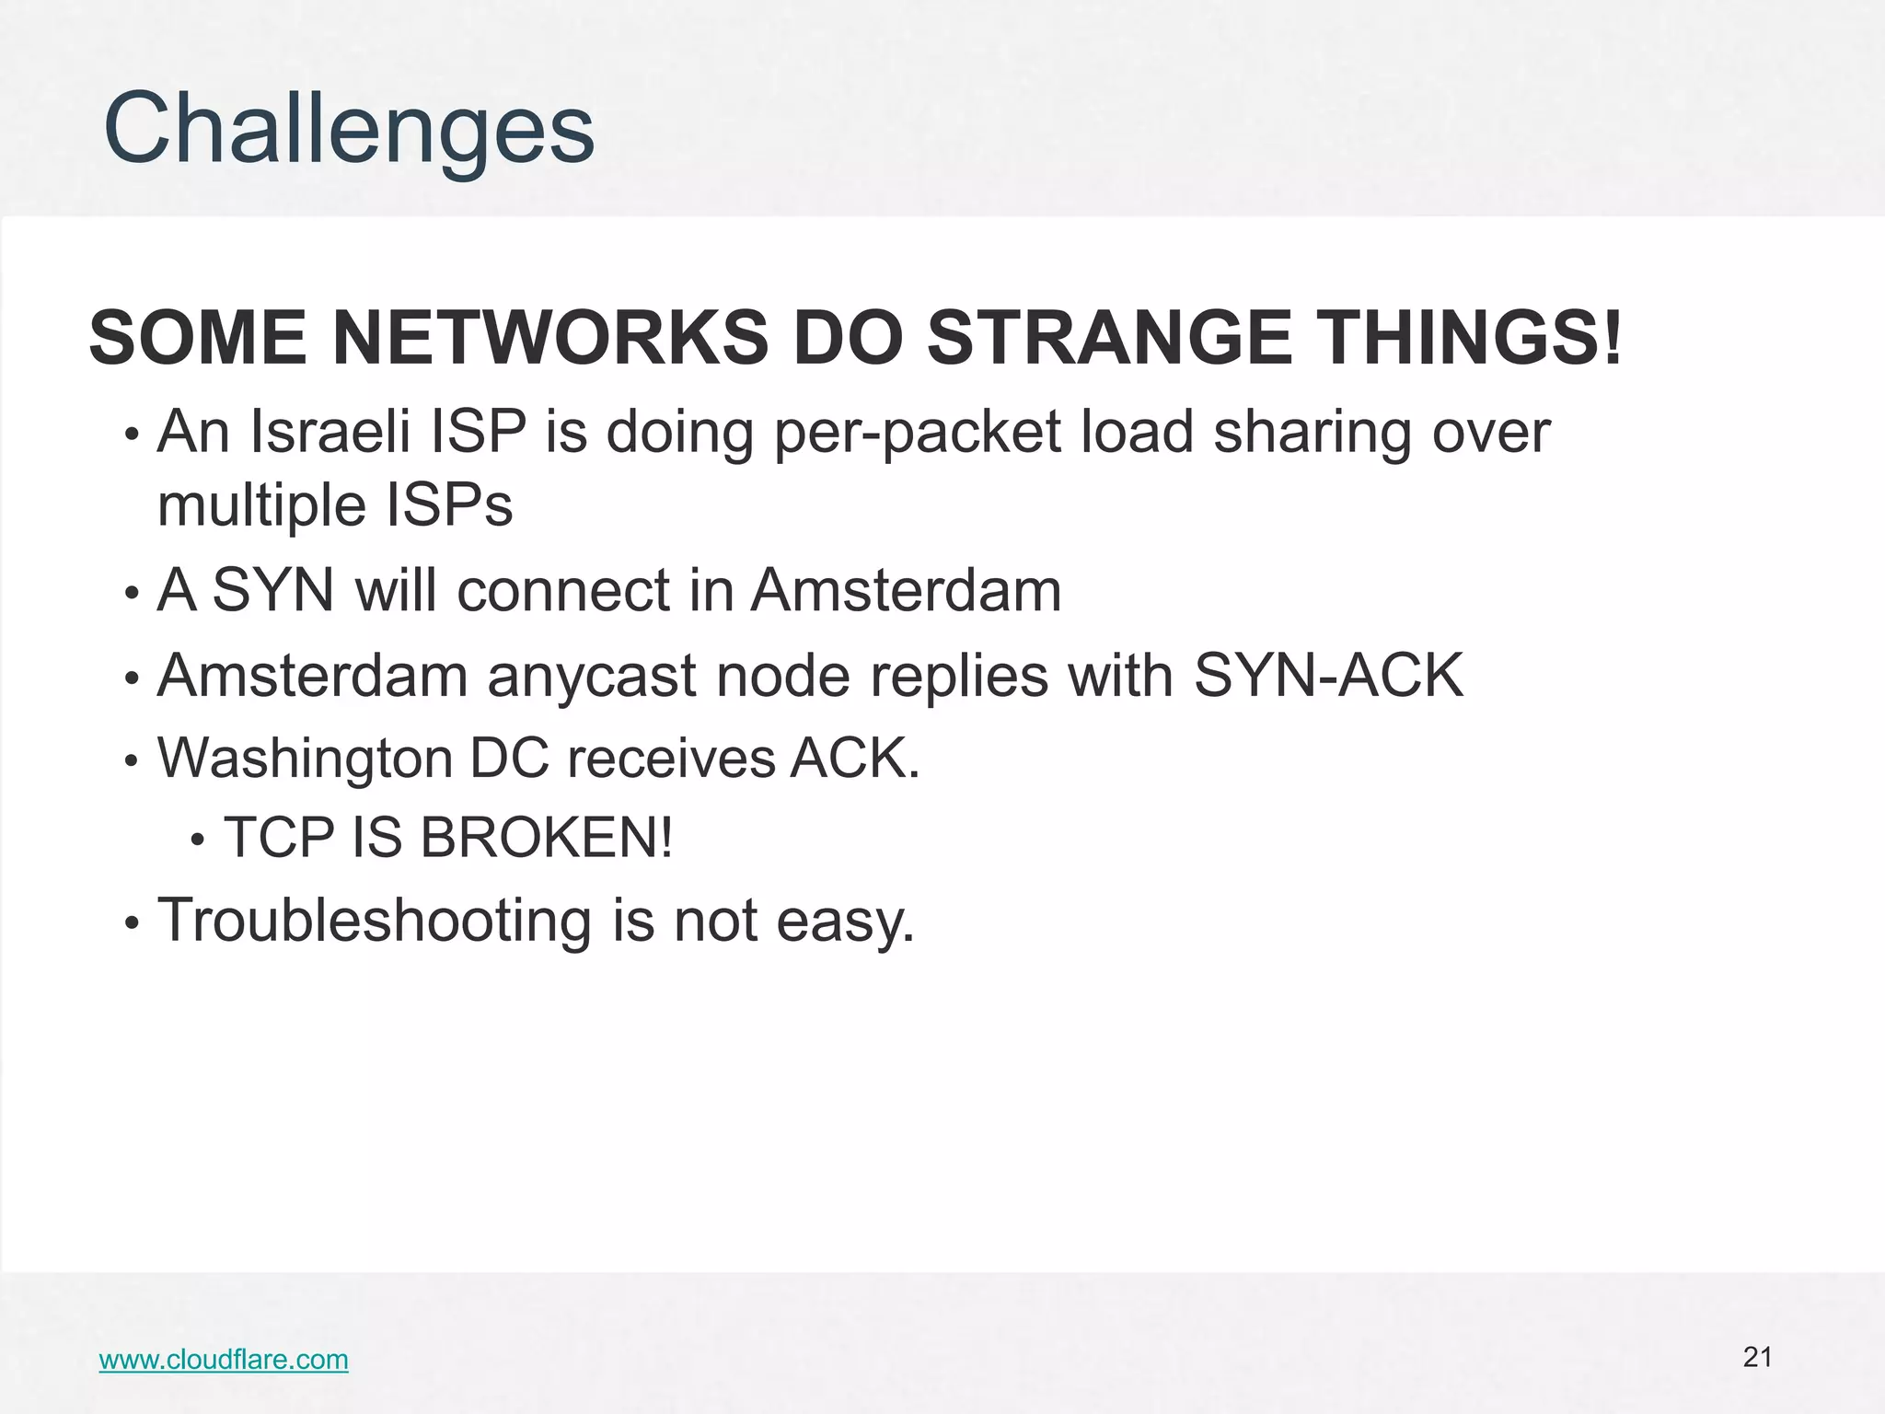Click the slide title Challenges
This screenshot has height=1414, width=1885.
tap(350, 129)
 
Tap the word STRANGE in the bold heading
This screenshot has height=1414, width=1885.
tap(1110, 338)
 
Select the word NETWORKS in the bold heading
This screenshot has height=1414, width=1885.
tap(549, 338)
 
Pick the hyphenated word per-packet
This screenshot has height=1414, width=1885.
tap(918, 433)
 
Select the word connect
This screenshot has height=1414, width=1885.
tap(563, 590)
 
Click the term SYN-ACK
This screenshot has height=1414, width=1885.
tap(1328, 676)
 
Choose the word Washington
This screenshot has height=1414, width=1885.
tap(305, 759)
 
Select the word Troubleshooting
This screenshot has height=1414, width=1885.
tap(374, 921)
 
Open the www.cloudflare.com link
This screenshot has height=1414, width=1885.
tap(224, 1360)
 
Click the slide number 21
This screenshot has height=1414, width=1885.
tap(1757, 1357)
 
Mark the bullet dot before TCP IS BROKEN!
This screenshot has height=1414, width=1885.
tap(196, 840)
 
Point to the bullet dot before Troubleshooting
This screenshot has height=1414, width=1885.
tap(133, 922)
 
